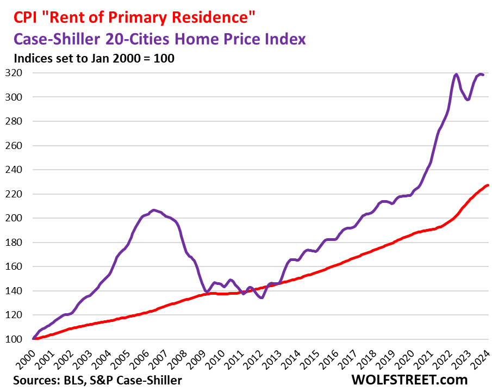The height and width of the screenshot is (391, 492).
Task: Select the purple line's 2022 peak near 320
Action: point(456,75)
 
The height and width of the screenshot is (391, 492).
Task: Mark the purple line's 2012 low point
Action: point(262,297)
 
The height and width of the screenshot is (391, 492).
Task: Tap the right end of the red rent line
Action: point(488,185)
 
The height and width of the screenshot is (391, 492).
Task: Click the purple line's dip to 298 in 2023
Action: point(468,100)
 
